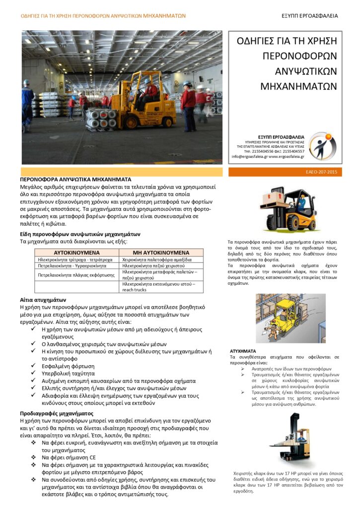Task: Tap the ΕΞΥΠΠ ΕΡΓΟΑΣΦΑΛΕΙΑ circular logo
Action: pos(322,146)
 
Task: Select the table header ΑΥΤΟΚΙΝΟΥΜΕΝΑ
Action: pos(77,253)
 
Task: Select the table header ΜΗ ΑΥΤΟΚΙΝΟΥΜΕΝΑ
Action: pos(161,253)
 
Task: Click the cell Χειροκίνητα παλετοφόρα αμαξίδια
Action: pos(157,259)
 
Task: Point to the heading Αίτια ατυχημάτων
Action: pos(43,300)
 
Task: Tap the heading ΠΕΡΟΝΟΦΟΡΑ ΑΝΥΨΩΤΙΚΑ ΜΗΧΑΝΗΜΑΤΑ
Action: pos(75,179)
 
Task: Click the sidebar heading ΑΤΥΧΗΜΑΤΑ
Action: pos(243,350)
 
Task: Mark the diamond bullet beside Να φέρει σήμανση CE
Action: pos(33,457)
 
